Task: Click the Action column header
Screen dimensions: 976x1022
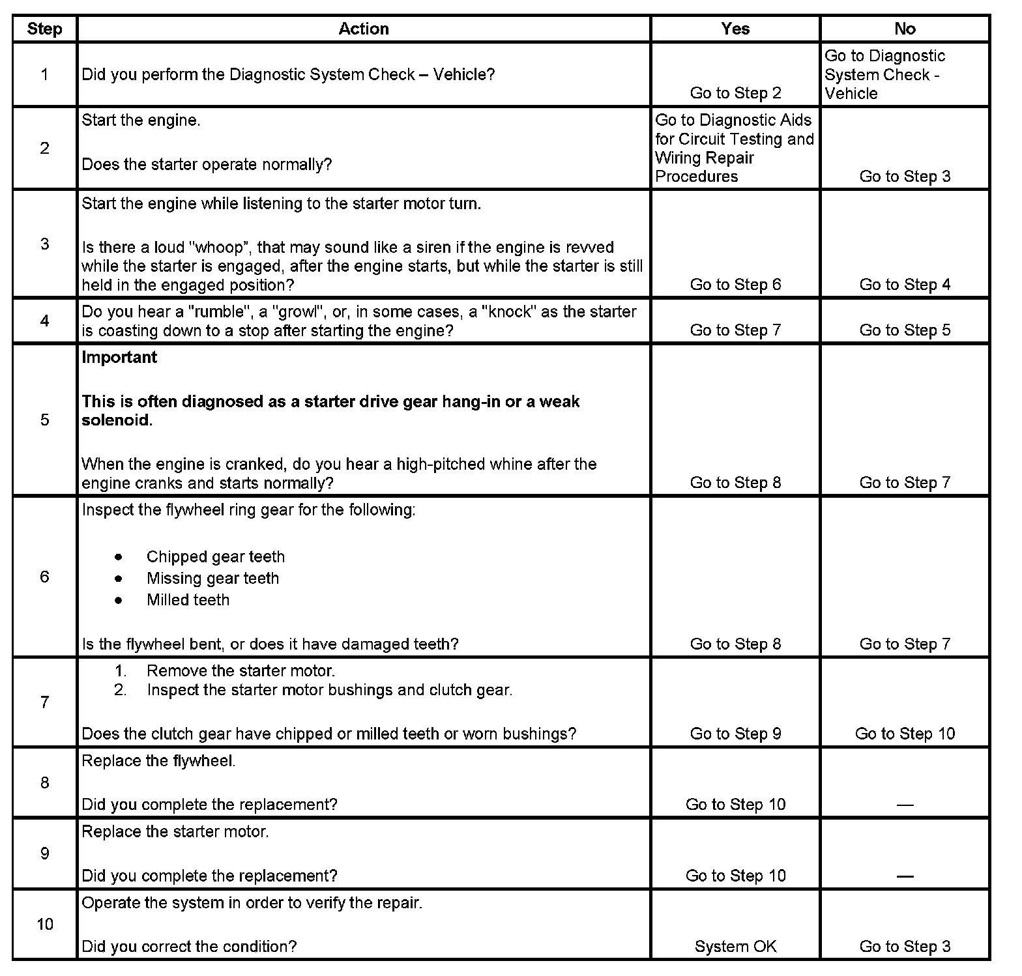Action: click(x=364, y=29)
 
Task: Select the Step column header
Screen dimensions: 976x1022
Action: click(x=44, y=29)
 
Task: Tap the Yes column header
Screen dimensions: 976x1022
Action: click(x=735, y=29)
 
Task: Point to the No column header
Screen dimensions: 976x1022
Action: click(x=905, y=29)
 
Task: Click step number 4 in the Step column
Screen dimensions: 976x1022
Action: click(x=44, y=321)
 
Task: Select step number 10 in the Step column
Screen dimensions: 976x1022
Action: click(x=44, y=924)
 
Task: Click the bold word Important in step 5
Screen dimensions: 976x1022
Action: click(x=119, y=357)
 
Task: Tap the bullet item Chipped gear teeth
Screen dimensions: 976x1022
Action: click(x=215, y=557)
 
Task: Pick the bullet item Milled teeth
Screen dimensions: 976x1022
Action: click(x=188, y=600)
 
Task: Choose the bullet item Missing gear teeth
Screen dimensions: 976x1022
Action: click(x=212, y=579)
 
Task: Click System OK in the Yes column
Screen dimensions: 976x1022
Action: click(x=735, y=946)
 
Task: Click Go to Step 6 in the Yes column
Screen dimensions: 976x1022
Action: click(x=735, y=285)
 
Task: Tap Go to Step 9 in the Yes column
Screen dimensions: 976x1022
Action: click(x=735, y=734)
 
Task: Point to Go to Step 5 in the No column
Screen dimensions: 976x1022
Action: click(x=905, y=330)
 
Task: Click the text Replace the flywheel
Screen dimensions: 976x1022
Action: click(x=158, y=761)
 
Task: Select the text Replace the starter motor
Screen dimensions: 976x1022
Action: click(x=175, y=832)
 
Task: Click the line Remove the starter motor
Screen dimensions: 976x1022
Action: click(x=241, y=671)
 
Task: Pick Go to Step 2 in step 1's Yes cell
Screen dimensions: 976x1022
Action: click(x=735, y=93)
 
